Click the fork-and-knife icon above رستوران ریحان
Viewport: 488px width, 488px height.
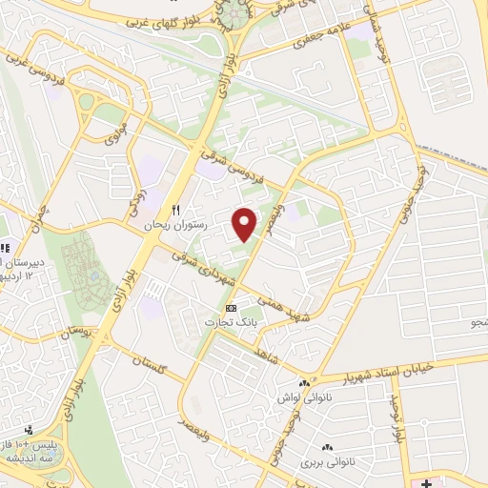[x=175, y=210]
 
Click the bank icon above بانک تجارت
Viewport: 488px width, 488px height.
[x=231, y=308]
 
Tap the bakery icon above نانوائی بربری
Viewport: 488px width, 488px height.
[x=328, y=446]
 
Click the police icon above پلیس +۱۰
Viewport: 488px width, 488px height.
[x=30, y=431]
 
